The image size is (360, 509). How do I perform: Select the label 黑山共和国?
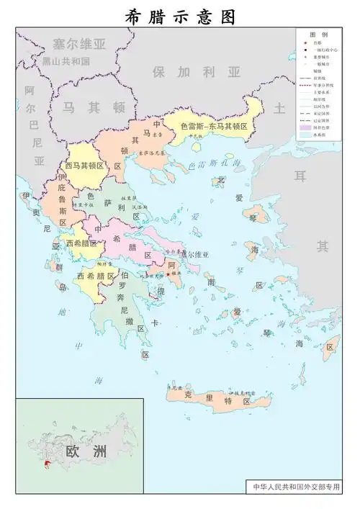(66, 62)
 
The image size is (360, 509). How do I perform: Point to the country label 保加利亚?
(197, 72)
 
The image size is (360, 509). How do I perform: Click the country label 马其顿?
(93, 107)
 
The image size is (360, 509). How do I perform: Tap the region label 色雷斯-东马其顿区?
(214, 127)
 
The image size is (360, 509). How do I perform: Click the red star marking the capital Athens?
(168, 274)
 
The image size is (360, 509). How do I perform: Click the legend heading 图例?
(319, 35)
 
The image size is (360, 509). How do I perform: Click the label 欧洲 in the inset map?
(85, 451)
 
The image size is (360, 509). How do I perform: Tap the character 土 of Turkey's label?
(280, 107)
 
